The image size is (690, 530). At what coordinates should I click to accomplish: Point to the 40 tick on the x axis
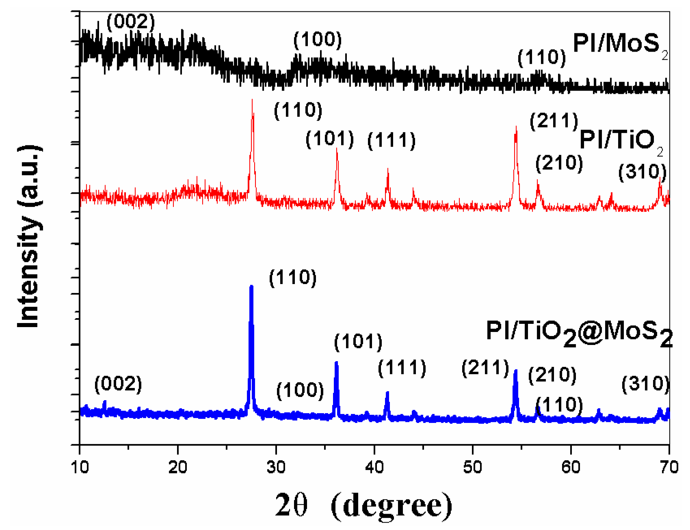(x=374, y=468)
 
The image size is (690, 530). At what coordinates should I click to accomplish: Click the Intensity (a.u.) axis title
(x=29, y=237)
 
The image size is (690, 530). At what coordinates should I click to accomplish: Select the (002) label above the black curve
(x=131, y=22)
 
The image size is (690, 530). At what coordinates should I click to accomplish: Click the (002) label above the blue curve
(x=118, y=384)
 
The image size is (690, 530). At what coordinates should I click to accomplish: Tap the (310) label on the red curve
(x=642, y=172)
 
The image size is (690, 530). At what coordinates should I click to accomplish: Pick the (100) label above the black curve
(x=318, y=40)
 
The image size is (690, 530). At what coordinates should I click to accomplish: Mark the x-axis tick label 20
(x=178, y=468)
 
